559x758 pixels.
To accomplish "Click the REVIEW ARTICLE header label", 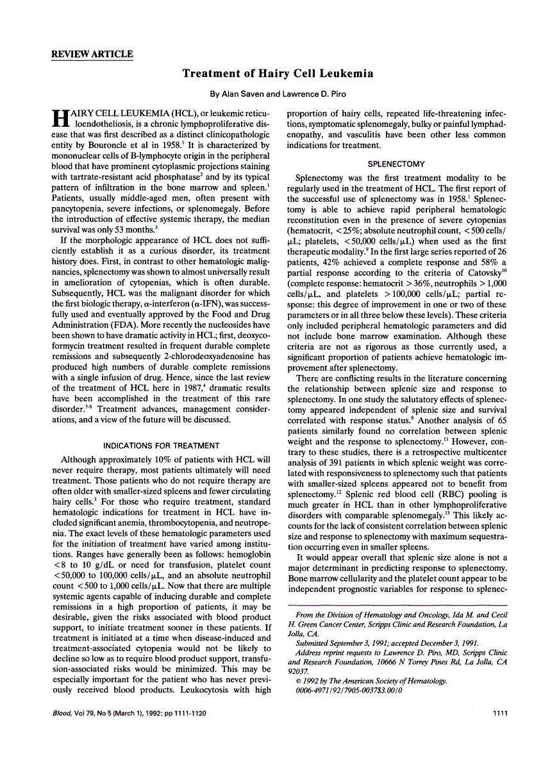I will pos(92,54).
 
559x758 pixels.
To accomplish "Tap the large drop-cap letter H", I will pos(58,119).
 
